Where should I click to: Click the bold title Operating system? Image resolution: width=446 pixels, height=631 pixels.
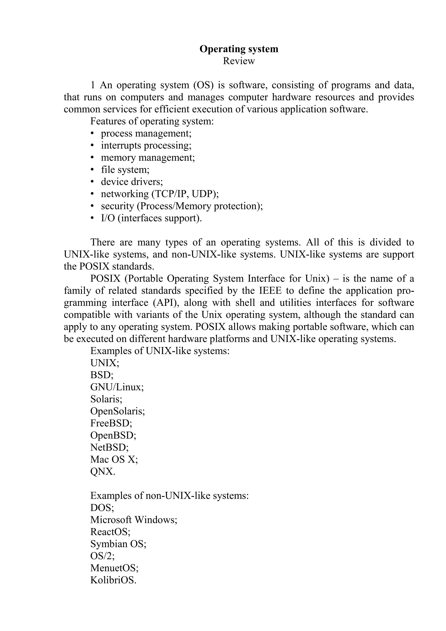(x=239, y=49)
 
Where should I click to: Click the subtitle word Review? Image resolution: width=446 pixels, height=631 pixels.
(x=239, y=61)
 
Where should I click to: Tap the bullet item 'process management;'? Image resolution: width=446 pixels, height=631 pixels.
(x=146, y=133)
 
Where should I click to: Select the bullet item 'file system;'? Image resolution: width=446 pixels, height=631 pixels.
(x=125, y=170)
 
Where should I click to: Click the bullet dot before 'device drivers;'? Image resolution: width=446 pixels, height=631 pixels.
(x=92, y=182)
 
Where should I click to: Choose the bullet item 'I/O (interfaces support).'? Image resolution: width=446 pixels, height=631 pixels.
(x=151, y=218)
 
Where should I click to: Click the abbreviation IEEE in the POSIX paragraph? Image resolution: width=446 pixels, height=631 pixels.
(x=270, y=290)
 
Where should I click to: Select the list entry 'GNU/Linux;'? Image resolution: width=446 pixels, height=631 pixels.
(x=117, y=387)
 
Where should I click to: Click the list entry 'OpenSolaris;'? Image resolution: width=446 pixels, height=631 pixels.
(x=118, y=411)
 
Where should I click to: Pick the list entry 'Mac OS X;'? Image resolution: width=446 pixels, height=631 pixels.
(x=114, y=459)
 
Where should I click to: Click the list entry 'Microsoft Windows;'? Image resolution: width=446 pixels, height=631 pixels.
(x=134, y=520)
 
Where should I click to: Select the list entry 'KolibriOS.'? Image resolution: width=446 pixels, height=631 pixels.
(x=113, y=580)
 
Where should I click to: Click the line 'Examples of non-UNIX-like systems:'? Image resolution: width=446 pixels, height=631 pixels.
(x=169, y=495)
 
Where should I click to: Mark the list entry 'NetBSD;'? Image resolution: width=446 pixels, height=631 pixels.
(x=109, y=447)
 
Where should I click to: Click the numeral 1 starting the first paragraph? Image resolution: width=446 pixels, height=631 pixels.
(x=93, y=85)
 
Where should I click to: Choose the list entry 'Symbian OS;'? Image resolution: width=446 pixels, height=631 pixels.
(x=118, y=544)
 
